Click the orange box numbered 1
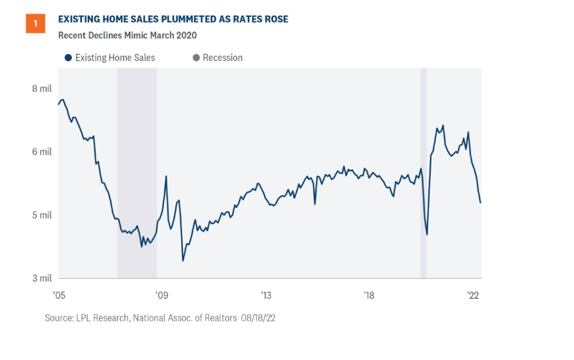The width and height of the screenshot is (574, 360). click(35, 24)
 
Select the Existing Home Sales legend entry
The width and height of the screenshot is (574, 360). click(110, 58)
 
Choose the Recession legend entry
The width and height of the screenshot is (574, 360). click(217, 58)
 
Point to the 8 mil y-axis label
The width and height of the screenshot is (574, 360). click(42, 89)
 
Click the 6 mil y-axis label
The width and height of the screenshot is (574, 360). click(42, 152)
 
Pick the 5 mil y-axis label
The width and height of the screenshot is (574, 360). click(42, 215)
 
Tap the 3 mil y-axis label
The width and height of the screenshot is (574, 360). click(42, 278)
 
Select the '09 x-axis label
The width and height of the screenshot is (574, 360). click(161, 295)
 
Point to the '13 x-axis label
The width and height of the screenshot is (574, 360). click(265, 295)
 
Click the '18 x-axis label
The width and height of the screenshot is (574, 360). click(369, 295)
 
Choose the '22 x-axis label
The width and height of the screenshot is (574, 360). click(473, 295)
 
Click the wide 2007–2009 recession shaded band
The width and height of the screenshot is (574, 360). click(137, 168)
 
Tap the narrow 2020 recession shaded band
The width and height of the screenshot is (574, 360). click(423, 168)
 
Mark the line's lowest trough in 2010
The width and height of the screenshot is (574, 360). click(183, 261)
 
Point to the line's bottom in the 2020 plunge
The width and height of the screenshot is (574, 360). click(427, 234)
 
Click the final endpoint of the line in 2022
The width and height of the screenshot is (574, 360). click(481, 203)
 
